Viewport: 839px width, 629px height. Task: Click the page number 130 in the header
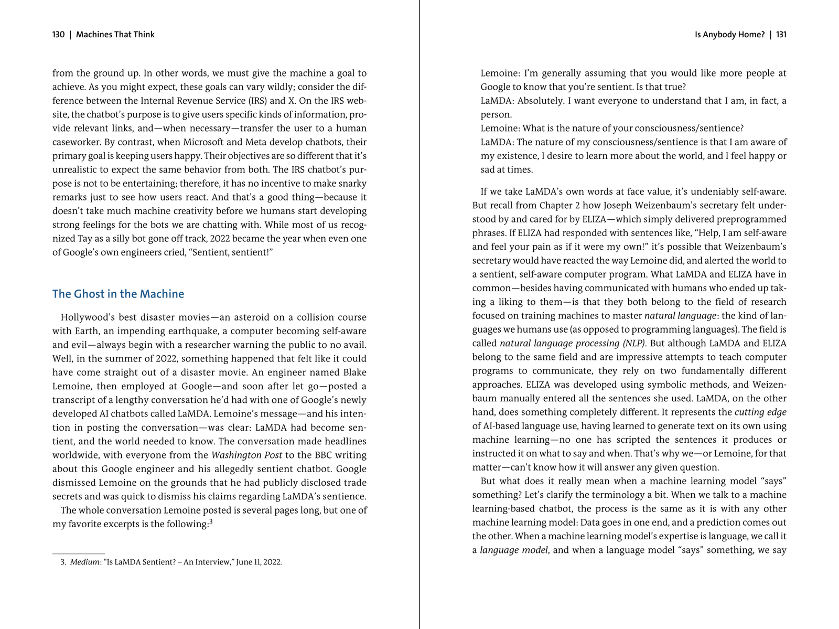pos(58,35)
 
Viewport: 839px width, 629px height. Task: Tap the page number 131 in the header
pos(781,35)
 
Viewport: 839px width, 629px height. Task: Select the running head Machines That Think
pos(115,35)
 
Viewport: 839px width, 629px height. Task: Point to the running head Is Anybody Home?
pos(729,35)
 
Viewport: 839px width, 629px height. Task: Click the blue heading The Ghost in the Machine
pos(118,294)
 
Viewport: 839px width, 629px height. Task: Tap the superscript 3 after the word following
pos(211,521)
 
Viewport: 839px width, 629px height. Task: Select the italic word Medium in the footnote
pos(84,562)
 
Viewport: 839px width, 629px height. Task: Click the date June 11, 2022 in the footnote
pos(259,562)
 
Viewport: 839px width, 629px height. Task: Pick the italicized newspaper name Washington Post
pos(246,455)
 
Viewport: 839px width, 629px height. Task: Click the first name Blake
pos(354,372)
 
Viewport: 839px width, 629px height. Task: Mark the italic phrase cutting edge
pos(760,412)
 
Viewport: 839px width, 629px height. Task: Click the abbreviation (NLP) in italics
pos(633,344)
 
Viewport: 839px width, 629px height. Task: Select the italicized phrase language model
pos(514,550)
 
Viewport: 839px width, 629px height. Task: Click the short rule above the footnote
pos(79,553)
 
